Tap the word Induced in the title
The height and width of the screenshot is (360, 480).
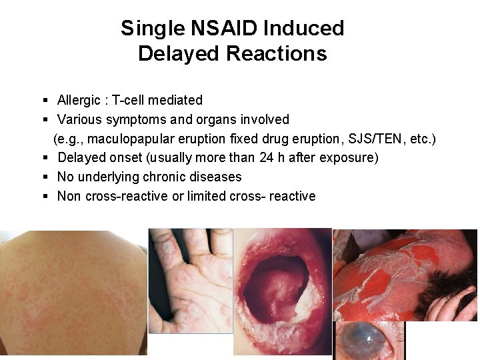click(304, 29)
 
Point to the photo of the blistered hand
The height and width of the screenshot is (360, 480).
click(190, 280)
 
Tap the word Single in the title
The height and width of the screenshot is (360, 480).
click(151, 29)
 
